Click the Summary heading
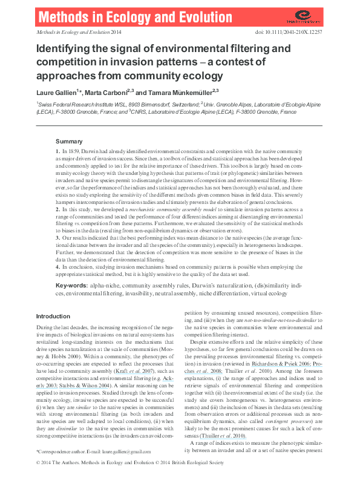[x=68, y=140]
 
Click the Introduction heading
[x=53, y=317]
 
